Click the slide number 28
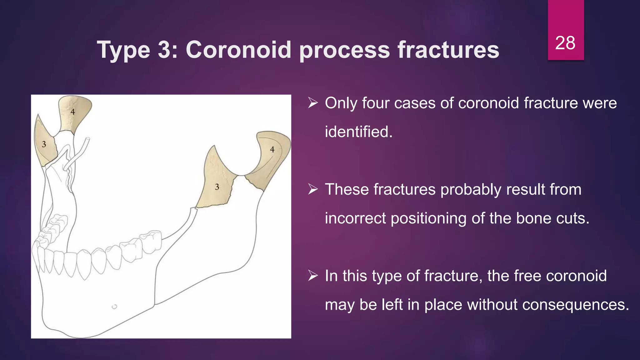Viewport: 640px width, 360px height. point(565,43)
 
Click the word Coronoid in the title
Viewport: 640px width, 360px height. point(238,50)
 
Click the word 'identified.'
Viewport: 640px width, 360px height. point(359,132)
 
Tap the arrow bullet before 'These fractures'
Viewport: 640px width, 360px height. point(313,189)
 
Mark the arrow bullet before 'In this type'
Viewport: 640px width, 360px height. point(313,275)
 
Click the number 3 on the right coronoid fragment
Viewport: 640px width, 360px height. point(217,187)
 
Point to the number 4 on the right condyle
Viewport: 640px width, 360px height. point(272,150)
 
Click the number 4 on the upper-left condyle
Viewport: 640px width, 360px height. point(72,112)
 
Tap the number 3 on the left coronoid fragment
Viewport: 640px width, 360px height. point(44,144)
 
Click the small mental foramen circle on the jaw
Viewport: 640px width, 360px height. point(114,307)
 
